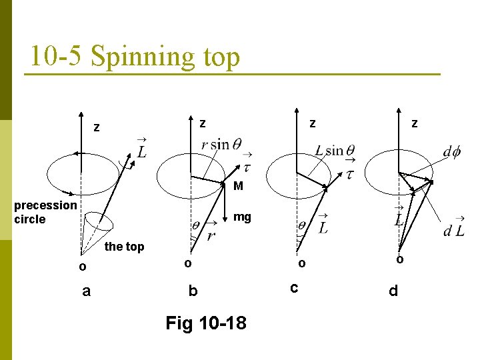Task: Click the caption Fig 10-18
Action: (205, 323)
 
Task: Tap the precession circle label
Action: (45, 212)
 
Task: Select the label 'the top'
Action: (125, 247)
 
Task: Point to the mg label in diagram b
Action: (242, 217)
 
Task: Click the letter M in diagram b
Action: (238, 186)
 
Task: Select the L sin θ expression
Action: (335, 151)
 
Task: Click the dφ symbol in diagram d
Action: (451, 152)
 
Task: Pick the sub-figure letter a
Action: (86, 291)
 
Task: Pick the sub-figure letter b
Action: (193, 291)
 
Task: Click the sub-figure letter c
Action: (293, 288)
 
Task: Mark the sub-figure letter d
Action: (393, 291)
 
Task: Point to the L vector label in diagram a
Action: (141, 149)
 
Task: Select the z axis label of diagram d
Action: (415, 123)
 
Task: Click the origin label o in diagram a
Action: (81, 267)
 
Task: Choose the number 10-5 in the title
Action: (57, 57)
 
